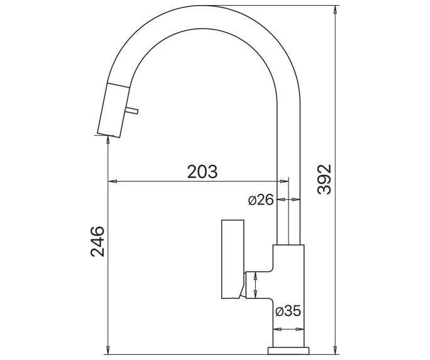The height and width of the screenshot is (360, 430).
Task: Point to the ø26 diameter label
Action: (260, 200)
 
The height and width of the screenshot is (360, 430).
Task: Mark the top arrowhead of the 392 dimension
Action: (336, 13)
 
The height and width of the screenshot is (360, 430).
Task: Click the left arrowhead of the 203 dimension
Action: (113, 183)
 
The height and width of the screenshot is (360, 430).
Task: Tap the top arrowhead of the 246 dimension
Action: (109, 139)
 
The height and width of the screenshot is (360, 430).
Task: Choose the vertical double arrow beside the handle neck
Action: (256, 286)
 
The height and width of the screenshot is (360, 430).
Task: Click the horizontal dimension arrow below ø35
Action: (289, 329)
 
